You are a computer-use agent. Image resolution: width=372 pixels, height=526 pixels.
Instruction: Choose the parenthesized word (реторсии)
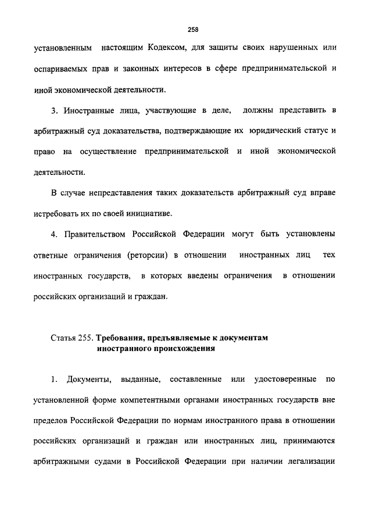coord(159,255)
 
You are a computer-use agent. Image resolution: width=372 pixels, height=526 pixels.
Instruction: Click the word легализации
coord(305,463)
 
